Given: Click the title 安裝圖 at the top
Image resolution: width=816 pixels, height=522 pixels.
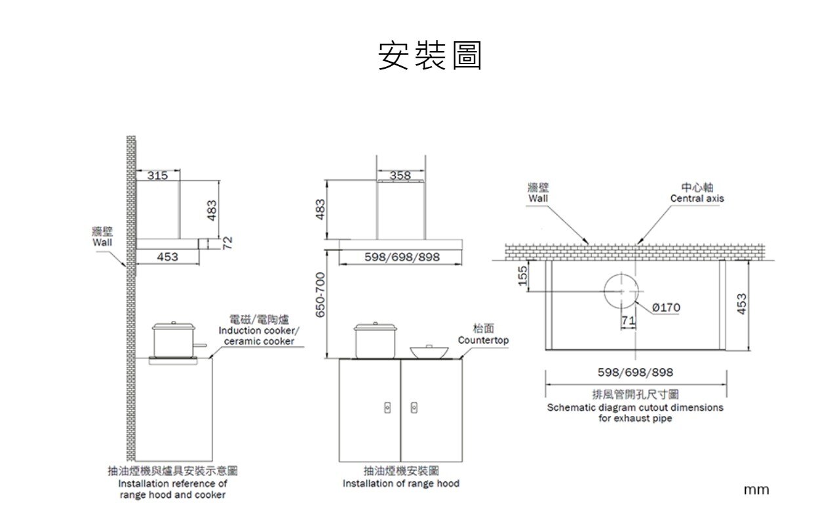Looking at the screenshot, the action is click(430, 55).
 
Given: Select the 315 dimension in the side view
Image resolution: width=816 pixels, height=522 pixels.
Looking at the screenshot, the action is click(158, 176).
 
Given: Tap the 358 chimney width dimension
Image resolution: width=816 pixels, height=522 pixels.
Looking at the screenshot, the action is click(400, 176).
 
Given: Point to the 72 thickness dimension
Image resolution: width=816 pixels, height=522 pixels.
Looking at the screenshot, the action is click(227, 243).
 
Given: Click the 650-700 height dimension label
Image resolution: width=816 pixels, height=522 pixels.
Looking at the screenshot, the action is click(320, 295).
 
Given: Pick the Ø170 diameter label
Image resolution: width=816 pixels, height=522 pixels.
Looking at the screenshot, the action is click(666, 308).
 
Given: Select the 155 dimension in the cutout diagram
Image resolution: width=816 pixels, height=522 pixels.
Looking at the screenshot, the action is click(523, 276).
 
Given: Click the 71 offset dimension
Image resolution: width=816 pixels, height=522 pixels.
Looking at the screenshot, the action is click(629, 320).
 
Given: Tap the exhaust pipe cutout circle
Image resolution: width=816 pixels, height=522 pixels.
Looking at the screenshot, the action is click(621, 274).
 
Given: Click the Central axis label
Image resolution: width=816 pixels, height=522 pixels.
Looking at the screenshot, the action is click(697, 198).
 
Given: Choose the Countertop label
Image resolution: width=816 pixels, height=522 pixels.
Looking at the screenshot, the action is click(484, 340).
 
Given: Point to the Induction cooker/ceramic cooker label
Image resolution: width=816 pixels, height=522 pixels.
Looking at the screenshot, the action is click(259, 335).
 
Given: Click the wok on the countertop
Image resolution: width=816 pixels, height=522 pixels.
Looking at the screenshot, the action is click(429, 352).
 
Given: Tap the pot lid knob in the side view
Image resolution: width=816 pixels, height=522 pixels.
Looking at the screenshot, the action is click(174, 322).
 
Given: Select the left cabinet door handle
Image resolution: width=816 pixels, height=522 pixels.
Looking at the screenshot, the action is click(387, 407).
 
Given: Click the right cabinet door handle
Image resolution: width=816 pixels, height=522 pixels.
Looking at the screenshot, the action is click(414, 407).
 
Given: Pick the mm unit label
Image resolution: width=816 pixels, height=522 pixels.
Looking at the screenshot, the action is click(756, 490).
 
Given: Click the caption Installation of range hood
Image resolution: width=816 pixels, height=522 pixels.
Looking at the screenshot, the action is click(401, 483).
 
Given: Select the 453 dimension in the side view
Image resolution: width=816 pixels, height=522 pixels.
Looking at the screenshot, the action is click(168, 257).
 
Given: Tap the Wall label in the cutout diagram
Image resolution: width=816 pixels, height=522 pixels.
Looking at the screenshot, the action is click(538, 198).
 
